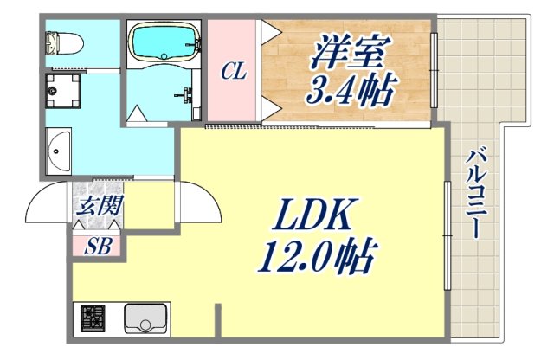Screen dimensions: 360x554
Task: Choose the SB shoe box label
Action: tap(97, 246)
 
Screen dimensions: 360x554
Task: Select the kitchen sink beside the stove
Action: tap(144, 319)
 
